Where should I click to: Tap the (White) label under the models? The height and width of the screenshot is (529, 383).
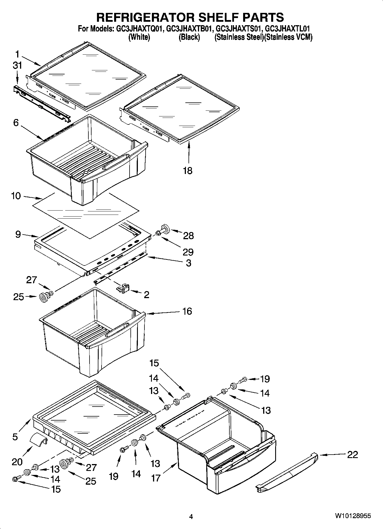(x=139, y=37)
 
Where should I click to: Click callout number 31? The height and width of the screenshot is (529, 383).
(x=17, y=66)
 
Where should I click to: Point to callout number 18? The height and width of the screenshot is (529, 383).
(x=188, y=171)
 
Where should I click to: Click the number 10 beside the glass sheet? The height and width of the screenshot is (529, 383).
(x=16, y=196)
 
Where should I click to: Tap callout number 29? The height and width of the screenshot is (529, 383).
(x=188, y=252)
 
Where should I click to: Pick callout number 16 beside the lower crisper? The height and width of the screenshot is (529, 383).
(x=187, y=311)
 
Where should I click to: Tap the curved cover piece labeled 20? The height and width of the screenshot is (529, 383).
(x=39, y=439)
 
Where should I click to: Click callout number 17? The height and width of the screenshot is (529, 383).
(x=156, y=478)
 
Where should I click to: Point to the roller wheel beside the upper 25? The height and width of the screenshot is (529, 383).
(x=43, y=298)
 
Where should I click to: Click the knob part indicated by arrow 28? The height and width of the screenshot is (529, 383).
(x=165, y=229)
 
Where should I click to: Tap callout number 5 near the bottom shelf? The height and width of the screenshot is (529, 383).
(x=15, y=437)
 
